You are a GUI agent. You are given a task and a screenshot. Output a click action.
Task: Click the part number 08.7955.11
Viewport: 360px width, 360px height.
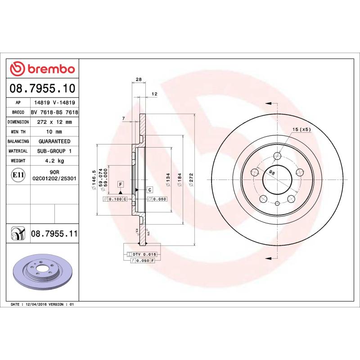coord(54,234)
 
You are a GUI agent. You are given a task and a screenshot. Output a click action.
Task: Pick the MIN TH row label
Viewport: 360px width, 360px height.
coord(18,132)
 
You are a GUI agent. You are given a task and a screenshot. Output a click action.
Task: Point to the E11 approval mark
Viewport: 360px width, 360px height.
coord(18,175)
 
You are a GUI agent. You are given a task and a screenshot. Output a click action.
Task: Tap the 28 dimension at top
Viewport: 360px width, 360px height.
coord(139,80)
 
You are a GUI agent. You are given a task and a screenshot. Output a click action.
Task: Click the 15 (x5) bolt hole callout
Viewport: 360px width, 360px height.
coord(301,130)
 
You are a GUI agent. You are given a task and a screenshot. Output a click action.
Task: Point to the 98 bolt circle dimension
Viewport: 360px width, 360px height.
coord(272,172)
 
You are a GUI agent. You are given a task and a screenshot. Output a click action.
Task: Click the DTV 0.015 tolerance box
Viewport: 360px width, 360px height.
coord(139,255)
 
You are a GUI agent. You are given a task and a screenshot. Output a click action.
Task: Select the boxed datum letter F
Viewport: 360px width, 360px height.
coord(121,184)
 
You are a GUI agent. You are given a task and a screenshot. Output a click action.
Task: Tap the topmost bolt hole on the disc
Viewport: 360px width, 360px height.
coord(277,156)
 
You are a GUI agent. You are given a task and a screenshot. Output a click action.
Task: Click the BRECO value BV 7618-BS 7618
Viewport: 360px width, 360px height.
coord(54,112)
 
